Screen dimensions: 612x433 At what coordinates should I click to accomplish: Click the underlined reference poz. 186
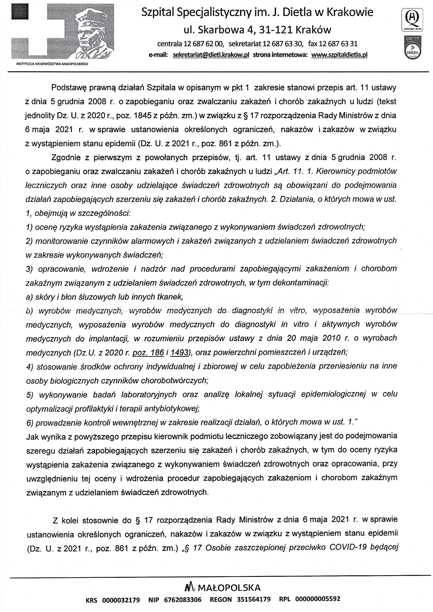click(x=148, y=352)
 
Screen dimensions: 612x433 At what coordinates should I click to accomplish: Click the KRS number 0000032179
click(x=121, y=600)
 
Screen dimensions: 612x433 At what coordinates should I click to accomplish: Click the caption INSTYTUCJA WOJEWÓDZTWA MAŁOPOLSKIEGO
click(x=52, y=64)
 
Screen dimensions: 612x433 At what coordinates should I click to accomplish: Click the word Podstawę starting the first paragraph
click(x=67, y=88)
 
